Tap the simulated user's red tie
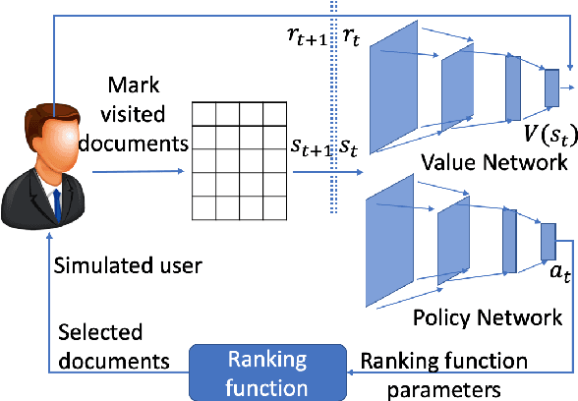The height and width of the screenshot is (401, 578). click(x=56, y=203)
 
